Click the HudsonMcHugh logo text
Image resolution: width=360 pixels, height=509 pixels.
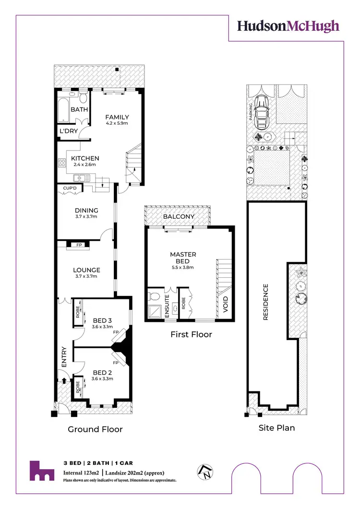pos(288,26)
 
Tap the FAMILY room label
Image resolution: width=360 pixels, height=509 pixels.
pos(117,117)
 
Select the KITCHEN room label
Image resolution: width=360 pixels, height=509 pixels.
pos(85,158)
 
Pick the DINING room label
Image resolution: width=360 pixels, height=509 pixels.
pos(86,210)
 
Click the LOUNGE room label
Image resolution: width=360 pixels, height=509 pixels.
pos(86,270)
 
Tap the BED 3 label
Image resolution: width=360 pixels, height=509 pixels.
pos(103,320)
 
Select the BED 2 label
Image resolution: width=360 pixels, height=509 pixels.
pos(103,372)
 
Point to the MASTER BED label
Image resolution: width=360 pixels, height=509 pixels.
pos(183,258)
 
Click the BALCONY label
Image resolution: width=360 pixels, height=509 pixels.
pos(179,216)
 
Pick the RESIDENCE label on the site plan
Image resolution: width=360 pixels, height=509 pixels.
pos(265,302)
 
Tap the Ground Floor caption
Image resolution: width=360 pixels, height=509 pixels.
pos(95,429)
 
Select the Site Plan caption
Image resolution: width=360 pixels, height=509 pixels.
pos(276,427)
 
